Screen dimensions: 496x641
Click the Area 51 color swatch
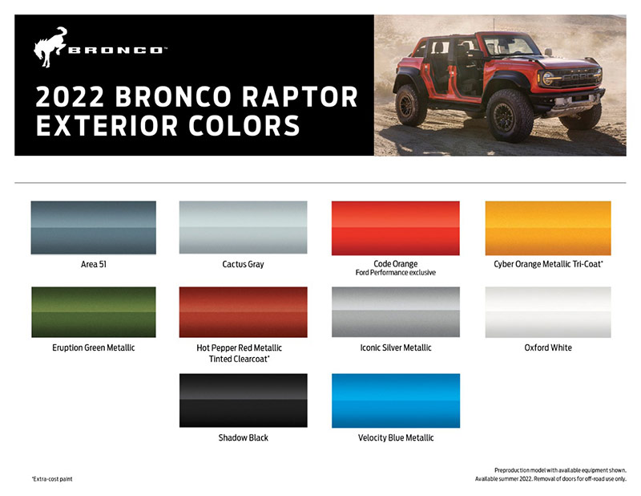[x=93, y=227]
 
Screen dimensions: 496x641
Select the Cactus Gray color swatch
[x=243, y=227]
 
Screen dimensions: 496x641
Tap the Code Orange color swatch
[x=395, y=227]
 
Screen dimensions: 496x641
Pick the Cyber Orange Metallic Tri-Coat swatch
[x=548, y=227]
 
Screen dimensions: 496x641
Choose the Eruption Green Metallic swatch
[x=93, y=312]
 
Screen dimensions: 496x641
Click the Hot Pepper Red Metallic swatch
[x=243, y=312]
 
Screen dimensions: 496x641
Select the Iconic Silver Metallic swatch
[x=395, y=312]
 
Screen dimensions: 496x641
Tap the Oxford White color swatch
[x=548, y=312]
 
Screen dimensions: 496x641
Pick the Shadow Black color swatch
[x=243, y=400]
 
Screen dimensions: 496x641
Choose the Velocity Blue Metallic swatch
[x=395, y=400]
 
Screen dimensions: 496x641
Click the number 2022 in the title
[x=70, y=97]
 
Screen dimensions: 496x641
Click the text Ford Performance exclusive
[x=395, y=273]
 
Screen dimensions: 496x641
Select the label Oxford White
[x=548, y=348]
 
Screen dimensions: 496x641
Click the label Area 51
[x=93, y=264]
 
